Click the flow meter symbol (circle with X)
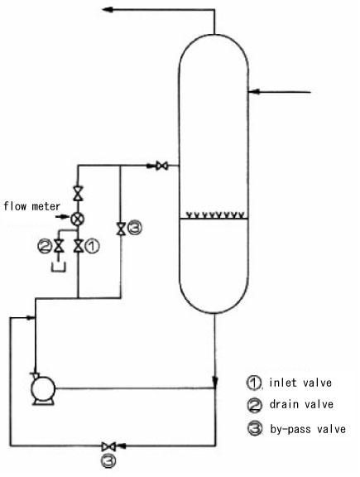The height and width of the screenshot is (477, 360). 78,219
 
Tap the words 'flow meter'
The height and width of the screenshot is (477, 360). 32,206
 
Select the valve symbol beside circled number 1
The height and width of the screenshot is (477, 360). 78,245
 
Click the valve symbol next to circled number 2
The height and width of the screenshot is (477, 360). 58,245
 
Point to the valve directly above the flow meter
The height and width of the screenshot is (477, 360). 78,193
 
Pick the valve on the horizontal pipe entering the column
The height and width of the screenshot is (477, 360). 161,166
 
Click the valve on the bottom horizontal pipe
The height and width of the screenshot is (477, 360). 108,446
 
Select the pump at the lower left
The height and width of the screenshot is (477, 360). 43,388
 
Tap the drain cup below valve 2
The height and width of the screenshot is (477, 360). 59,268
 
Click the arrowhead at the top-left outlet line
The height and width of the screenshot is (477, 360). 108,9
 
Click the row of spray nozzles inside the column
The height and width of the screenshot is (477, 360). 215,215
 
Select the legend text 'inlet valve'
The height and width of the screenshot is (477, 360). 300,383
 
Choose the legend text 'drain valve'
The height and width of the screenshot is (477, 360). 301,404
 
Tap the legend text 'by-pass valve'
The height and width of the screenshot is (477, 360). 308,429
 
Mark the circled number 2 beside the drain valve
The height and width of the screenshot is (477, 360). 45,246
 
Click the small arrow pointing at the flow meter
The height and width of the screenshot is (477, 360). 63,217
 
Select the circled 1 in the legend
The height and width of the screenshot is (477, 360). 254,383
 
